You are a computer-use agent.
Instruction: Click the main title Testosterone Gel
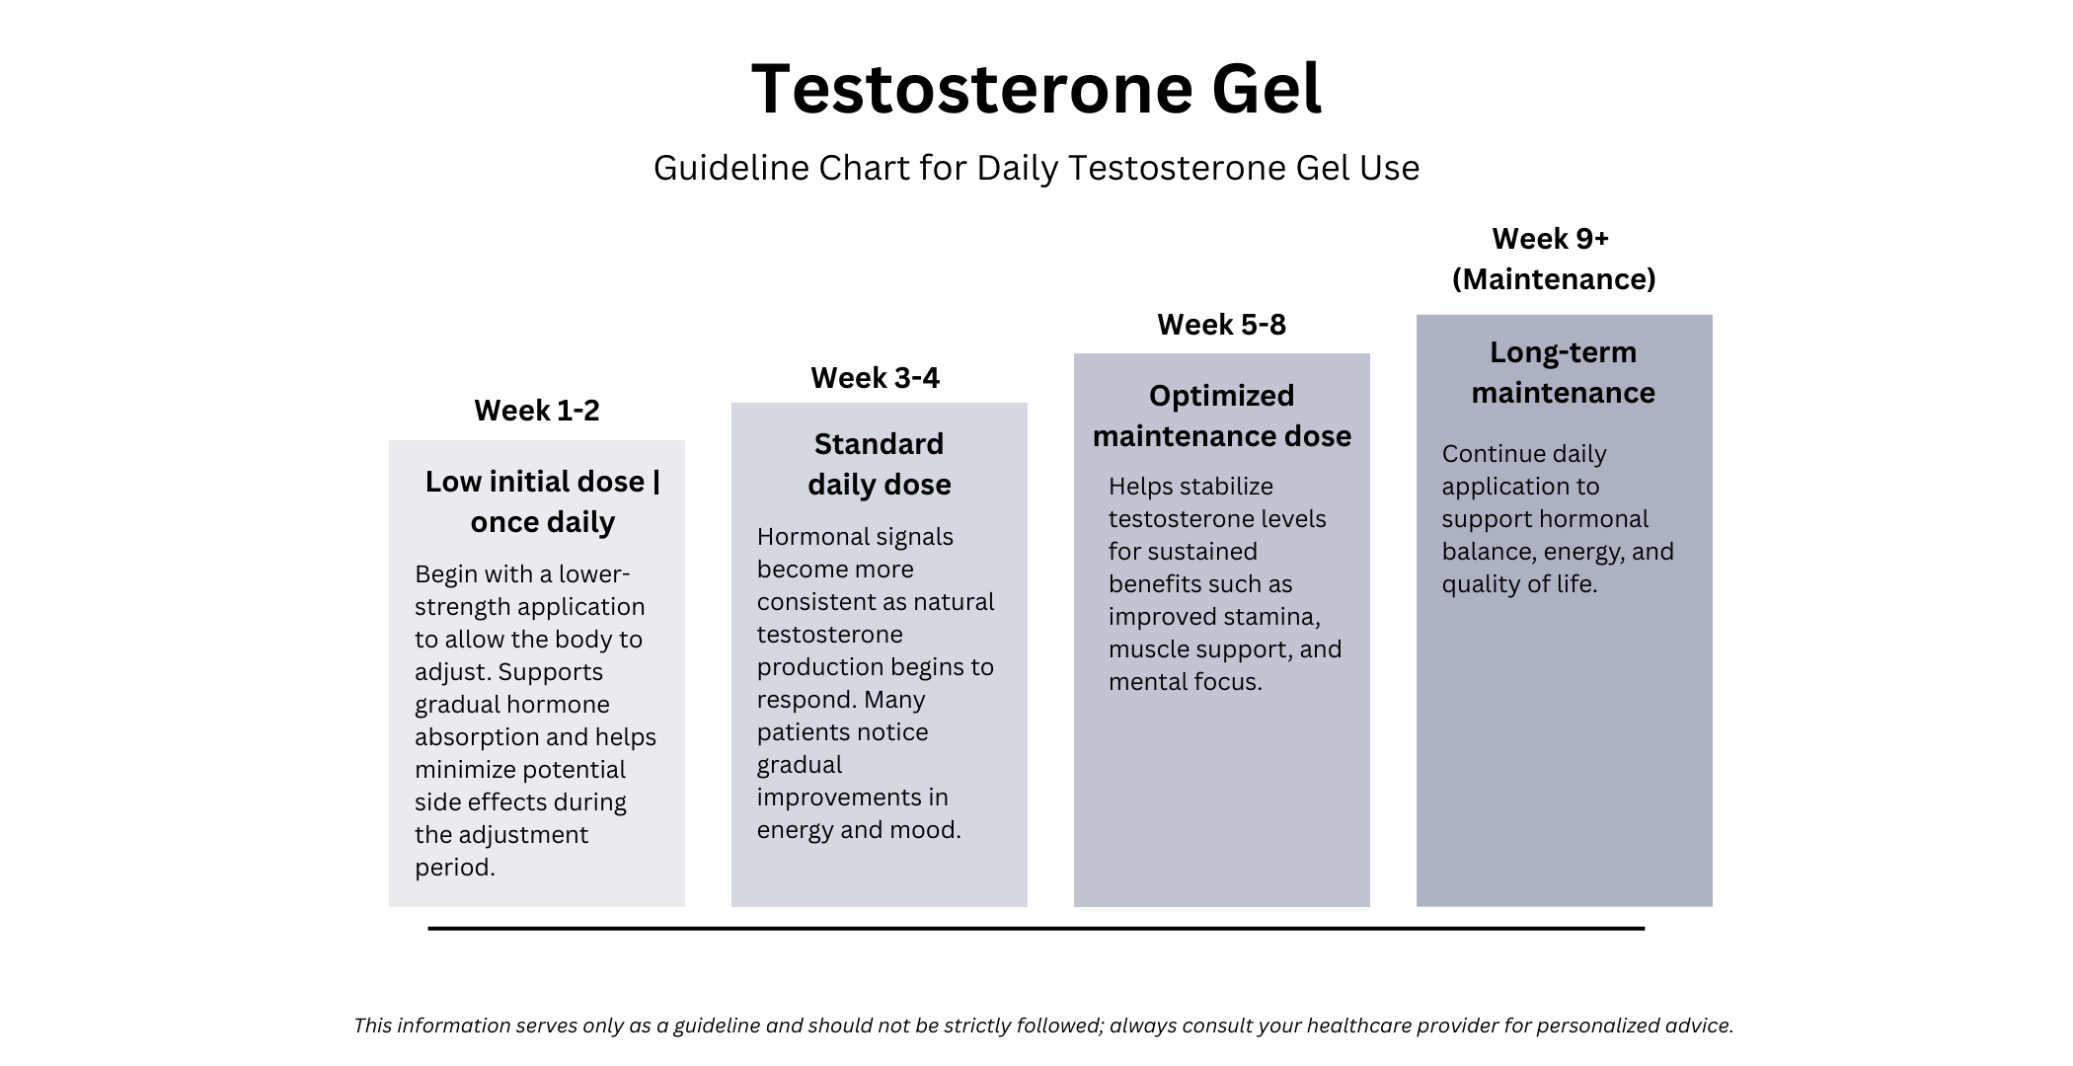coord(1036,89)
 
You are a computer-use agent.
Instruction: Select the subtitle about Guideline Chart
coord(1036,168)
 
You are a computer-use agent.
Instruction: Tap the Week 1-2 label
coord(536,411)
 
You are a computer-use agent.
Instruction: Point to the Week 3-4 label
coord(875,378)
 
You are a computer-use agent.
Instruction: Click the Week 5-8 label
coord(1221,325)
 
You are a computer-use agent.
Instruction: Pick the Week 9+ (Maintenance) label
coord(1553,259)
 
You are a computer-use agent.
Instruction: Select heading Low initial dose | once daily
coord(542,501)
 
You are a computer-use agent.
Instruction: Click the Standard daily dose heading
coord(879,464)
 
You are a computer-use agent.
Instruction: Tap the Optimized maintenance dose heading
coord(1221,416)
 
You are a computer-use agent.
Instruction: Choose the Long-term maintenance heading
coord(1563,372)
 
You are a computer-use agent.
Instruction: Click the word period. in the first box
coord(454,868)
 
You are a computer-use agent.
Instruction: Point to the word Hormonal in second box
coord(803,537)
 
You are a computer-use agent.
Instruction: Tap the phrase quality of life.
coord(1518,584)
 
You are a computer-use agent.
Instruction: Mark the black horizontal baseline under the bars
coord(1036,928)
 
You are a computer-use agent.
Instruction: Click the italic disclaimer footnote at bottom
coord(1043,1026)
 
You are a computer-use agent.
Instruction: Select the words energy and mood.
coord(858,830)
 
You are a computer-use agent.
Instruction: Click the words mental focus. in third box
coord(1185,682)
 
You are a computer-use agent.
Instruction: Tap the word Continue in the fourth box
coord(1486,454)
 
